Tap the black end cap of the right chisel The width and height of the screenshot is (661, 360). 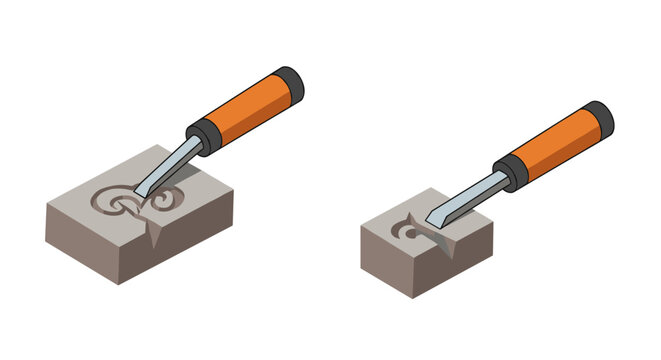(x=597, y=115)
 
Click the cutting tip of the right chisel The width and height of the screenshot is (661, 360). (x=429, y=223)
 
